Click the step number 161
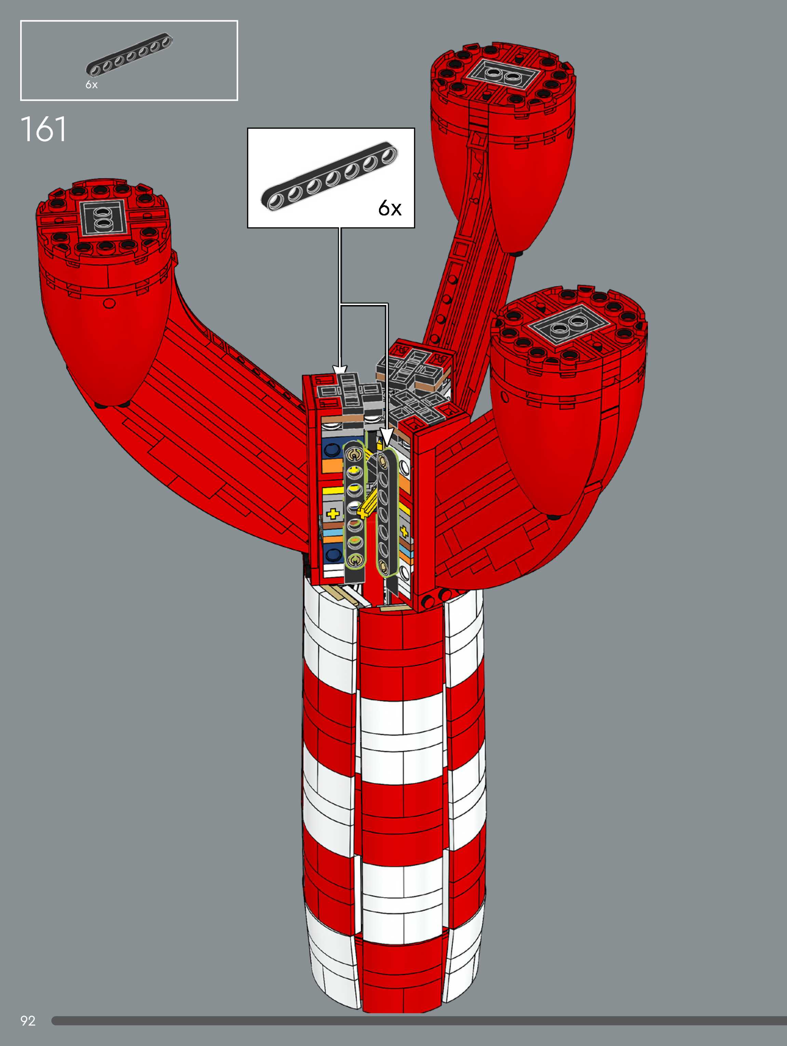coord(43,129)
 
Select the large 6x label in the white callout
coord(390,208)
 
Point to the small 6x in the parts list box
coord(92,85)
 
